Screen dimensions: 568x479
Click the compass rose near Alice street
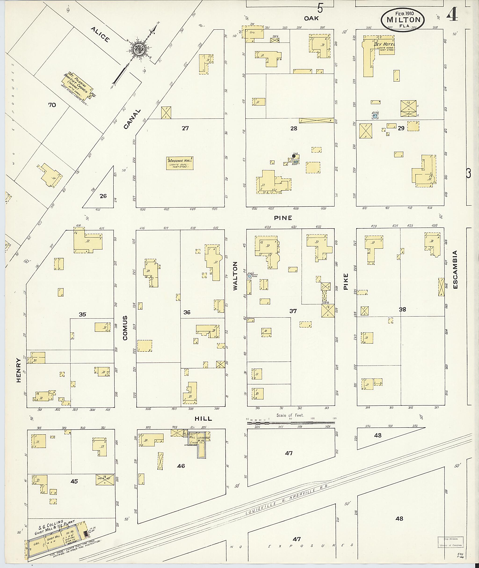140,49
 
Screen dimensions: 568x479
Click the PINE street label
283,218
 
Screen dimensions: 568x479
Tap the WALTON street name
235,276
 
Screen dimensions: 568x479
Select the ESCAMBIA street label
455,270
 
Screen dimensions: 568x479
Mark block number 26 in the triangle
103,196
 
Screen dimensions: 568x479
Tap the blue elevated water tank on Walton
249,276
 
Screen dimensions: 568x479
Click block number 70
52,105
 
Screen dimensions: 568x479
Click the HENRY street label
18,370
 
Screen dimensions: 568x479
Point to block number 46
181,466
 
